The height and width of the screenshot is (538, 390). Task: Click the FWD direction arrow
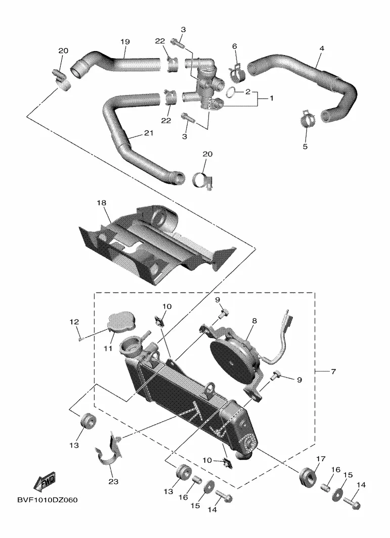point(45,482)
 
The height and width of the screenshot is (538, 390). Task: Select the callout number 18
point(102,203)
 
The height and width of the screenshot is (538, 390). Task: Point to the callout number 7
point(333,372)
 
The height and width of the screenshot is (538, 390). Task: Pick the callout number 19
point(124,41)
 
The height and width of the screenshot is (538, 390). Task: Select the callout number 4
point(322,50)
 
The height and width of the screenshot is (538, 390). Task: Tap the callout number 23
point(113,481)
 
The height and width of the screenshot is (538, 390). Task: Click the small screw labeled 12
point(80,339)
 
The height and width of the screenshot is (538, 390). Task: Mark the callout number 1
point(271,99)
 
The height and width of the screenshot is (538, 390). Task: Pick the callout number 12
point(74,321)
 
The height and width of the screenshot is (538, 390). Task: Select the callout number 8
point(254,320)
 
